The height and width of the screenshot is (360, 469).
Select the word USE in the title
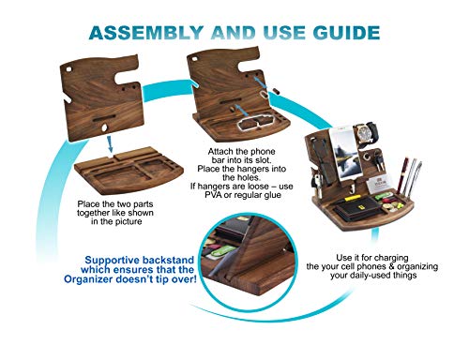(x=281, y=33)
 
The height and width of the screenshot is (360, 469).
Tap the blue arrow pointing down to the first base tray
(x=113, y=143)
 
